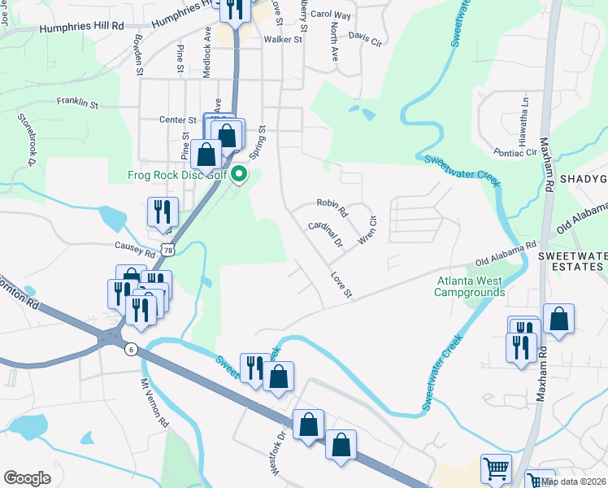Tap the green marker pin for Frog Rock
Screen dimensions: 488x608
239,173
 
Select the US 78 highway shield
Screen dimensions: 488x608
167,251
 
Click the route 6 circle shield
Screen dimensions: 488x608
130,349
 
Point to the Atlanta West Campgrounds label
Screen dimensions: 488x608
471,286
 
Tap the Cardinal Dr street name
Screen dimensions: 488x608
325,234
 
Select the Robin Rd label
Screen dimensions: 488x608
332,208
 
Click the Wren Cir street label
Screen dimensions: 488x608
368,229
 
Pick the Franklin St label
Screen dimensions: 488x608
77,103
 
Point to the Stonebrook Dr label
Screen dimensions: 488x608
27,138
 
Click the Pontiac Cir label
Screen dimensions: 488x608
516,152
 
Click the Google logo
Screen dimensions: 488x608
28,478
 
